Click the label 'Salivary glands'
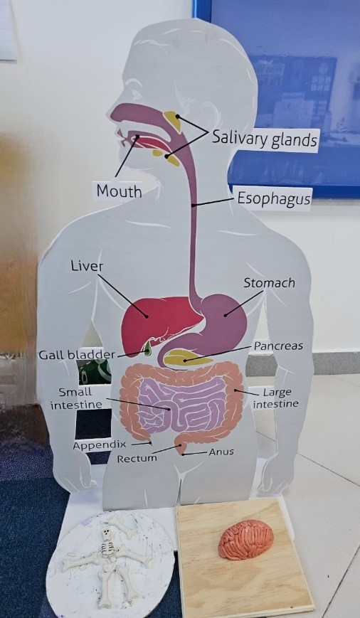[x=265, y=139]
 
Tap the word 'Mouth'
[x=119, y=191]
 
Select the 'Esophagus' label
[x=274, y=198]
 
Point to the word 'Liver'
[x=87, y=266]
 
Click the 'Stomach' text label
[x=269, y=282]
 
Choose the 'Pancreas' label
[x=278, y=346]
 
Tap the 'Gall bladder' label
[x=77, y=355]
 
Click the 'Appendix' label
[x=100, y=445]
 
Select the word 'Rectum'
[x=137, y=459]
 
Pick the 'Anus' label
[x=221, y=452]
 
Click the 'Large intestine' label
[x=275, y=398]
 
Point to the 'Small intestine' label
[x=76, y=398]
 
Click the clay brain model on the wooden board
[x=246, y=539]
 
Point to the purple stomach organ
[x=219, y=319]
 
